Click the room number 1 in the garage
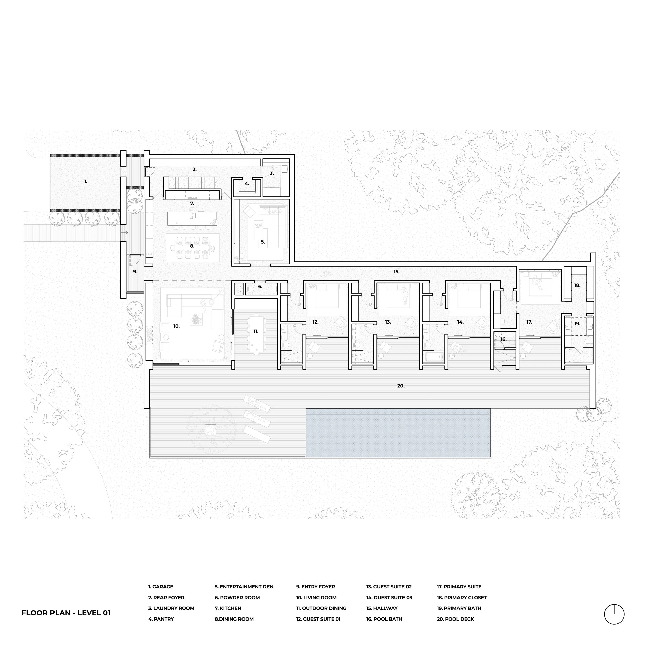point(86,182)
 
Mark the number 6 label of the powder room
point(260,287)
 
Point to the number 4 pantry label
point(247,183)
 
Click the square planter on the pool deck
point(210,429)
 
